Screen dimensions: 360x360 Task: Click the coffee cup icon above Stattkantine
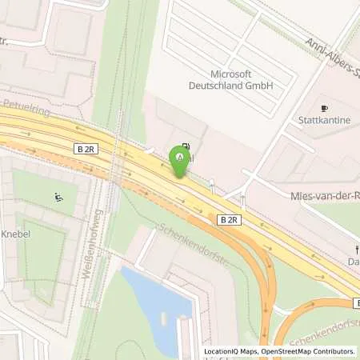[324, 108]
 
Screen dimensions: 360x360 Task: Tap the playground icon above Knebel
[58, 198]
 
